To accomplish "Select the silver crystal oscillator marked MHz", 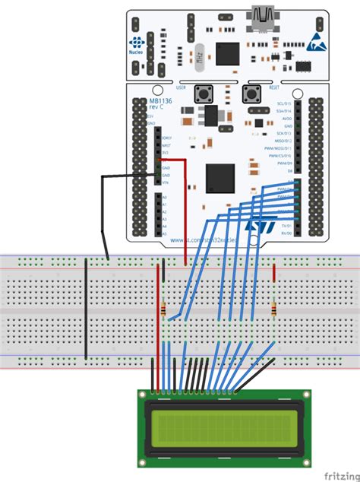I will [x=198, y=56].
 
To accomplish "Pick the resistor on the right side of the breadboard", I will [x=273, y=309].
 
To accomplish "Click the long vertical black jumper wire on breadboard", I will [x=87, y=308].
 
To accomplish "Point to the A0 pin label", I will [x=163, y=195].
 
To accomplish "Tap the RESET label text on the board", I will [x=273, y=88].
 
